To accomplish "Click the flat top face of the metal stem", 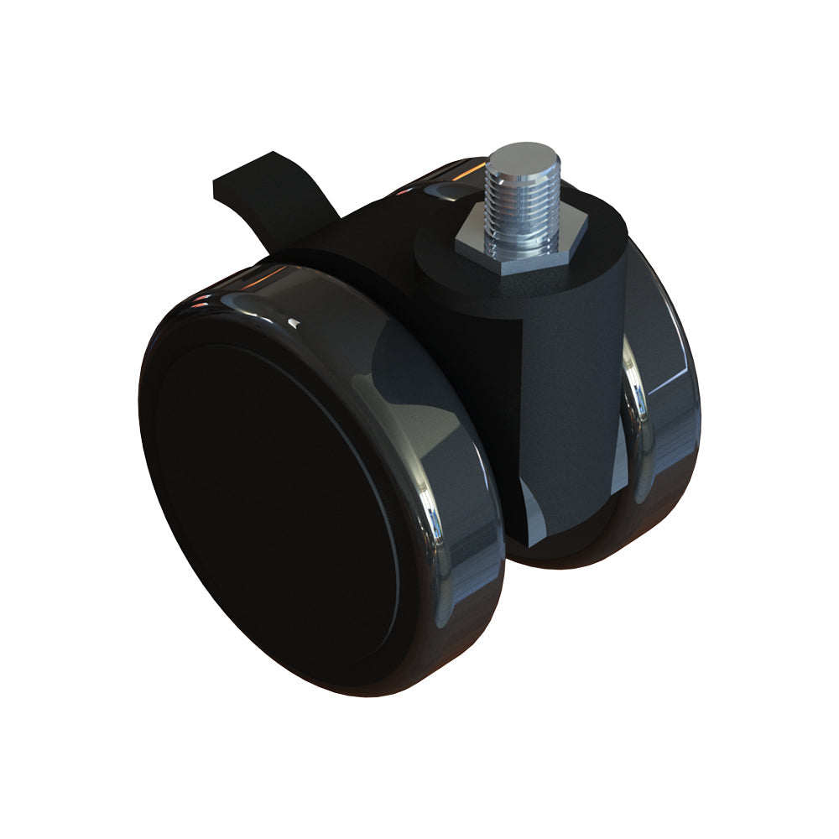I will [523, 156].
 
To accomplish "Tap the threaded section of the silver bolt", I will [520, 210].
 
